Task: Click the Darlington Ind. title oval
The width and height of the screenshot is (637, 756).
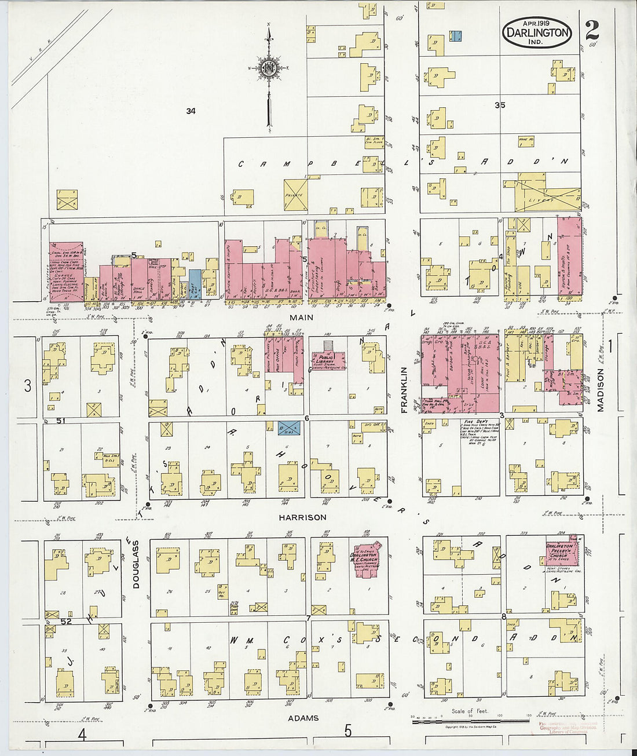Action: click(537, 32)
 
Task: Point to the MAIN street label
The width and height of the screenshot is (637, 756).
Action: click(302, 317)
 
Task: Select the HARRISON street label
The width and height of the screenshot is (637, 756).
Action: click(302, 517)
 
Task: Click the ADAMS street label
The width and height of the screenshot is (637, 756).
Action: click(303, 718)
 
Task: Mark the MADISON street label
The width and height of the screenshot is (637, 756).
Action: click(601, 391)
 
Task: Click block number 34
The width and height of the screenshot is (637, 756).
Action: click(191, 111)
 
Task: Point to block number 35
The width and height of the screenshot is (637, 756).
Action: click(500, 105)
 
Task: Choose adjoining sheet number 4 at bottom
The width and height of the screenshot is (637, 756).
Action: click(82, 735)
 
